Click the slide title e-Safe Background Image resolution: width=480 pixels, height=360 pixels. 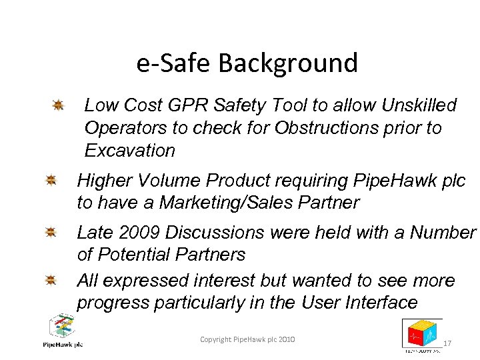click(x=247, y=63)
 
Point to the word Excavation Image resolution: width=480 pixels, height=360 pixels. click(x=129, y=151)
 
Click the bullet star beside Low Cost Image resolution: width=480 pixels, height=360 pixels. click(x=58, y=105)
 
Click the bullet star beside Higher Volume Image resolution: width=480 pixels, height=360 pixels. click(x=51, y=180)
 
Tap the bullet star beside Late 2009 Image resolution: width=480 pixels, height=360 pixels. click(x=51, y=232)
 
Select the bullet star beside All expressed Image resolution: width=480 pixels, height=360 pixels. click(x=51, y=281)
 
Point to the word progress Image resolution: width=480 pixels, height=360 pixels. click(x=113, y=303)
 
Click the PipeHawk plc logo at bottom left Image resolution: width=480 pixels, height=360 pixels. click(x=63, y=331)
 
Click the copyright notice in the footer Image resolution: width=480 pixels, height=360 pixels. click(x=247, y=340)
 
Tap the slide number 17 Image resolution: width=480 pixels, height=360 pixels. click(x=447, y=343)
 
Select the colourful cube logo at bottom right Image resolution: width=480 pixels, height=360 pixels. click(x=421, y=334)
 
